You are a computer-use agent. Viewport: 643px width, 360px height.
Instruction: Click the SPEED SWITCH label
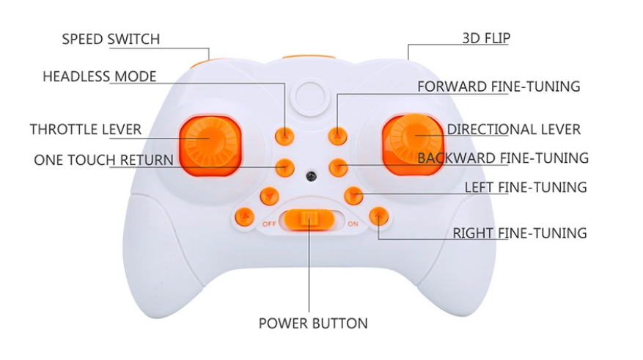click(111, 39)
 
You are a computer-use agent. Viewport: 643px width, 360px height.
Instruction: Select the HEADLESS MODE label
click(100, 77)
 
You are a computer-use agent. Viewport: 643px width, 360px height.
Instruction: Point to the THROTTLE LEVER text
click(86, 130)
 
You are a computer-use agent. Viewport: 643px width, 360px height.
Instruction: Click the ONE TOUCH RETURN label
click(103, 160)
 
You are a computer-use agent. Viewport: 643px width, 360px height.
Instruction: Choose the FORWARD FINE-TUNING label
click(499, 87)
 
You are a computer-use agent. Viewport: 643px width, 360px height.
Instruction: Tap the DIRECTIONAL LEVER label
click(513, 130)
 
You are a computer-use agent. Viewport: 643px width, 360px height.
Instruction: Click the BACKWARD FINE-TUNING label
click(503, 158)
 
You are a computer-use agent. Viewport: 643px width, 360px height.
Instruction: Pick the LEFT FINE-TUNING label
click(526, 187)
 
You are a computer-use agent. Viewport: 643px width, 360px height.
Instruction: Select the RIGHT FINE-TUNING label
click(520, 233)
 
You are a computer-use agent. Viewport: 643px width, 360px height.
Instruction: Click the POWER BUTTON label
click(313, 323)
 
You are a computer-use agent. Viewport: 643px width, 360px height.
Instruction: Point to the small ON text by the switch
click(353, 223)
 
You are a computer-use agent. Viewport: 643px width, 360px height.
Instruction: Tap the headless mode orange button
click(284, 135)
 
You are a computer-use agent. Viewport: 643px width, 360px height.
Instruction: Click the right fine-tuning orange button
click(378, 216)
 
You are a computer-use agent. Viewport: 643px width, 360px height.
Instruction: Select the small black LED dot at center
click(312, 177)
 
